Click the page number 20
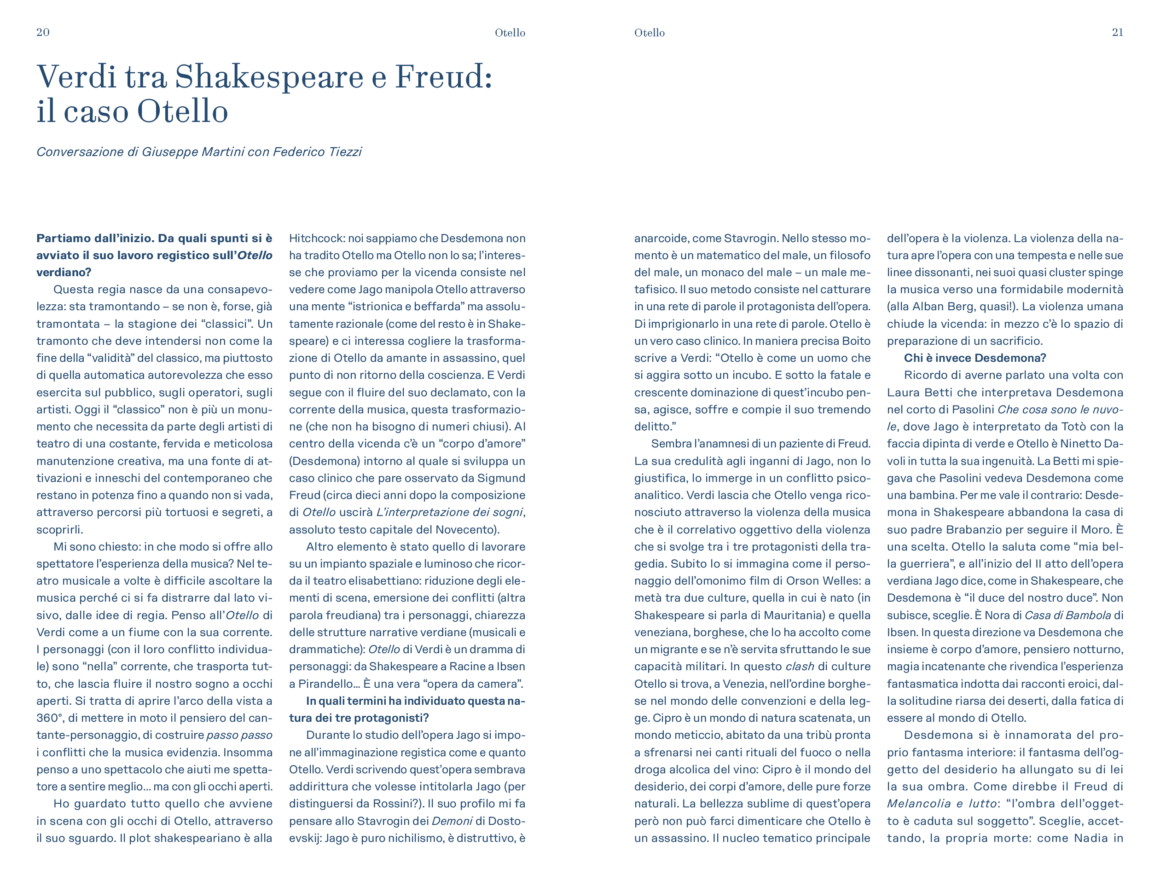pyautogui.click(x=43, y=33)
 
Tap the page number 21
pyautogui.click(x=1117, y=33)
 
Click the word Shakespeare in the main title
pyautogui.click(x=269, y=76)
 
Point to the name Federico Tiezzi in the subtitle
pyautogui.click(x=317, y=152)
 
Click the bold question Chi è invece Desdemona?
pyautogui.click(x=974, y=358)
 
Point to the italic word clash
pyautogui.click(x=799, y=667)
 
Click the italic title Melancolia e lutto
pyautogui.click(x=941, y=804)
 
